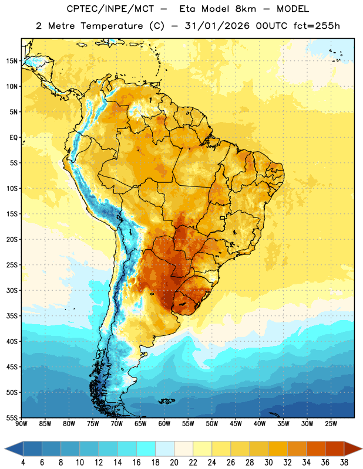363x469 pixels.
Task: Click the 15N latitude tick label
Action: [12, 61]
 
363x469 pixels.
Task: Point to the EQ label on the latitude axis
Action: [14, 138]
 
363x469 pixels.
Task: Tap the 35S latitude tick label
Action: [12, 316]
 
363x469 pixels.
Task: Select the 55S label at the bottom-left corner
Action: [12, 418]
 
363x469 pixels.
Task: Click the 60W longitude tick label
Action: [164, 424]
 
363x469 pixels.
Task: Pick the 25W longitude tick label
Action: [331, 424]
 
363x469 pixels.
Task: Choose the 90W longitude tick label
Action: [21, 424]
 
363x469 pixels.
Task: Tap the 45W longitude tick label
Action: [236, 424]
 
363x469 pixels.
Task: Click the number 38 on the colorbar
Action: [344, 463]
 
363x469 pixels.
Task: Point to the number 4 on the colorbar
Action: [23, 463]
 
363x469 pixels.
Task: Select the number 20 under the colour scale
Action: [174, 463]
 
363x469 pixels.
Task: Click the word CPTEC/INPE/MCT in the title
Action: [110, 9]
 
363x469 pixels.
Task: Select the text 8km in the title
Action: [246, 9]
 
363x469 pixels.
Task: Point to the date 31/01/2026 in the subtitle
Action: [217, 26]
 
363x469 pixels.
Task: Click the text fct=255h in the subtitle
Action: [317, 26]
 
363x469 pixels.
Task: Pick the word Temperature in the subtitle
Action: [112, 26]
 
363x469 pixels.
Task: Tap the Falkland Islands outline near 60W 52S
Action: [166, 401]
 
